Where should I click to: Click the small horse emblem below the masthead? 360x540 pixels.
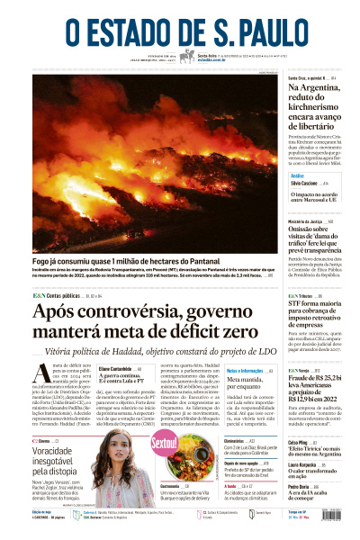click(186, 57)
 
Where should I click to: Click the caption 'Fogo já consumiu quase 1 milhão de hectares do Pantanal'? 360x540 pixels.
click(130, 260)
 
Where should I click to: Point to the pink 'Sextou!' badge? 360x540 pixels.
click(164, 444)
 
